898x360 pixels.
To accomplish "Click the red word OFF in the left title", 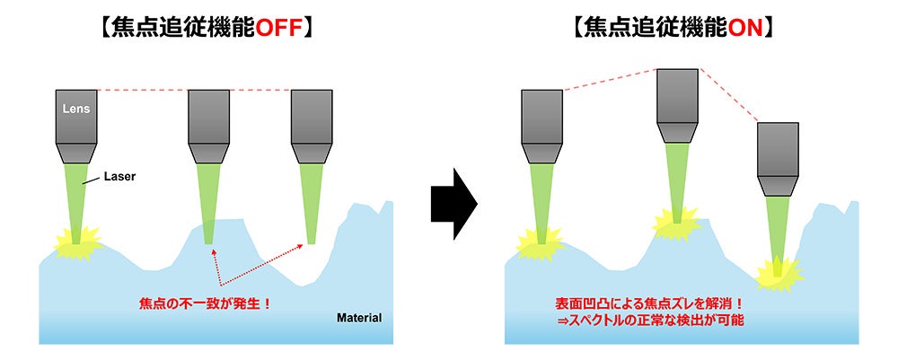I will pos(282,28).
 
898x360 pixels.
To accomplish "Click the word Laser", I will pos(119,177).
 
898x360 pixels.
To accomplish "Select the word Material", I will pos(358,317).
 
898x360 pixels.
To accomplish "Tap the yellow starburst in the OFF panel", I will pos(76,240).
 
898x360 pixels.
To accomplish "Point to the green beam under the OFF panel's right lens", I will pos(313,202).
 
